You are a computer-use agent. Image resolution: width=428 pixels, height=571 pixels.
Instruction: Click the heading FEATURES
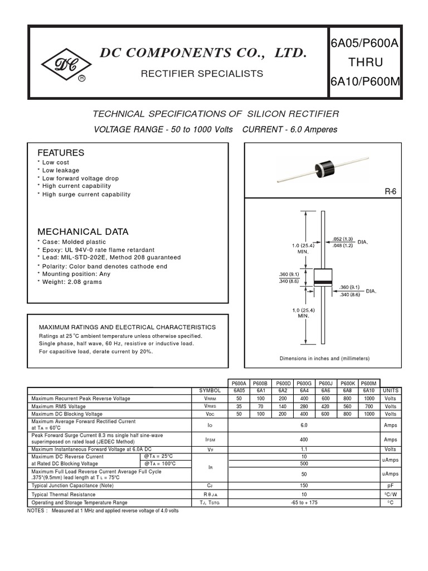click(61, 153)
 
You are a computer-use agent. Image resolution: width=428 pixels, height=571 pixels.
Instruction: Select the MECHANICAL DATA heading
click(82, 231)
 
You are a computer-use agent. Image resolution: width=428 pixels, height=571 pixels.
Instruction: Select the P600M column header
click(368, 383)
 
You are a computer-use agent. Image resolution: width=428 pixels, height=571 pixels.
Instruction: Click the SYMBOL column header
click(210, 391)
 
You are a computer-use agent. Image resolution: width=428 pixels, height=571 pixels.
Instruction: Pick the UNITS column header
click(390, 391)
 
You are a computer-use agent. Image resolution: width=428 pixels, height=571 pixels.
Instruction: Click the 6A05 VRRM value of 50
click(239, 399)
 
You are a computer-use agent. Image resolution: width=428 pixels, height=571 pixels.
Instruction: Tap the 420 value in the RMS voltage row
click(325, 407)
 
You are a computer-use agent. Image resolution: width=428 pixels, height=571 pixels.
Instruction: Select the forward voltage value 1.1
click(304, 449)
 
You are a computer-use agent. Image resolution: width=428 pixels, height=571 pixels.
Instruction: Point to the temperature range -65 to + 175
click(304, 502)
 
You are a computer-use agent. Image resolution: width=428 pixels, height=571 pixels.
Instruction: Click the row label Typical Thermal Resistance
click(64, 495)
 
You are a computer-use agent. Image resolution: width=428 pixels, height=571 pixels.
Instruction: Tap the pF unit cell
click(390, 486)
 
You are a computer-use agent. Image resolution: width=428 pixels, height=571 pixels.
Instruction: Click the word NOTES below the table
click(37, 511)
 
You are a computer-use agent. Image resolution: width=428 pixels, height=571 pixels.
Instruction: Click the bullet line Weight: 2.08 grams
click(72, 282)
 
